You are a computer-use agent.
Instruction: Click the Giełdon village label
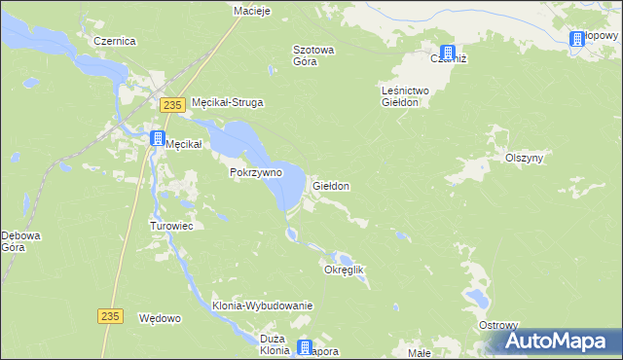coord(331,185)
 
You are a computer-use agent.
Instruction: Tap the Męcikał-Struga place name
coord(229,101)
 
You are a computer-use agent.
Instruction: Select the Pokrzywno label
coord(256,172)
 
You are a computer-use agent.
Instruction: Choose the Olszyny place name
coord(524,157)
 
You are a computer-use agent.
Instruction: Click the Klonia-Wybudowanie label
coord(262,306)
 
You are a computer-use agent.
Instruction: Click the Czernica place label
coord(114,42)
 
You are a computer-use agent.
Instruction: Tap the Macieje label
coord(251,11)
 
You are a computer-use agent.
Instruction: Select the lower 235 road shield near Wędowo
coord(112,315)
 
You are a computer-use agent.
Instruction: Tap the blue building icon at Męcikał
coord(157,139)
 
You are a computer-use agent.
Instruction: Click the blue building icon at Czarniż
coord(447,54)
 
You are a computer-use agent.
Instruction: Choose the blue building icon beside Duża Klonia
coord(306,347)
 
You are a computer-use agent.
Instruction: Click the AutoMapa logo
coord(560,341)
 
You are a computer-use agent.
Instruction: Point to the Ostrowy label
coord(498,324)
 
